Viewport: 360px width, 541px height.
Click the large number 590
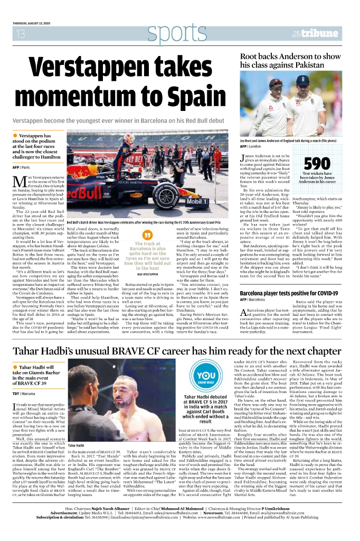[317, 163]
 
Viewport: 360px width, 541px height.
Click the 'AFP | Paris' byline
[22, 167]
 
